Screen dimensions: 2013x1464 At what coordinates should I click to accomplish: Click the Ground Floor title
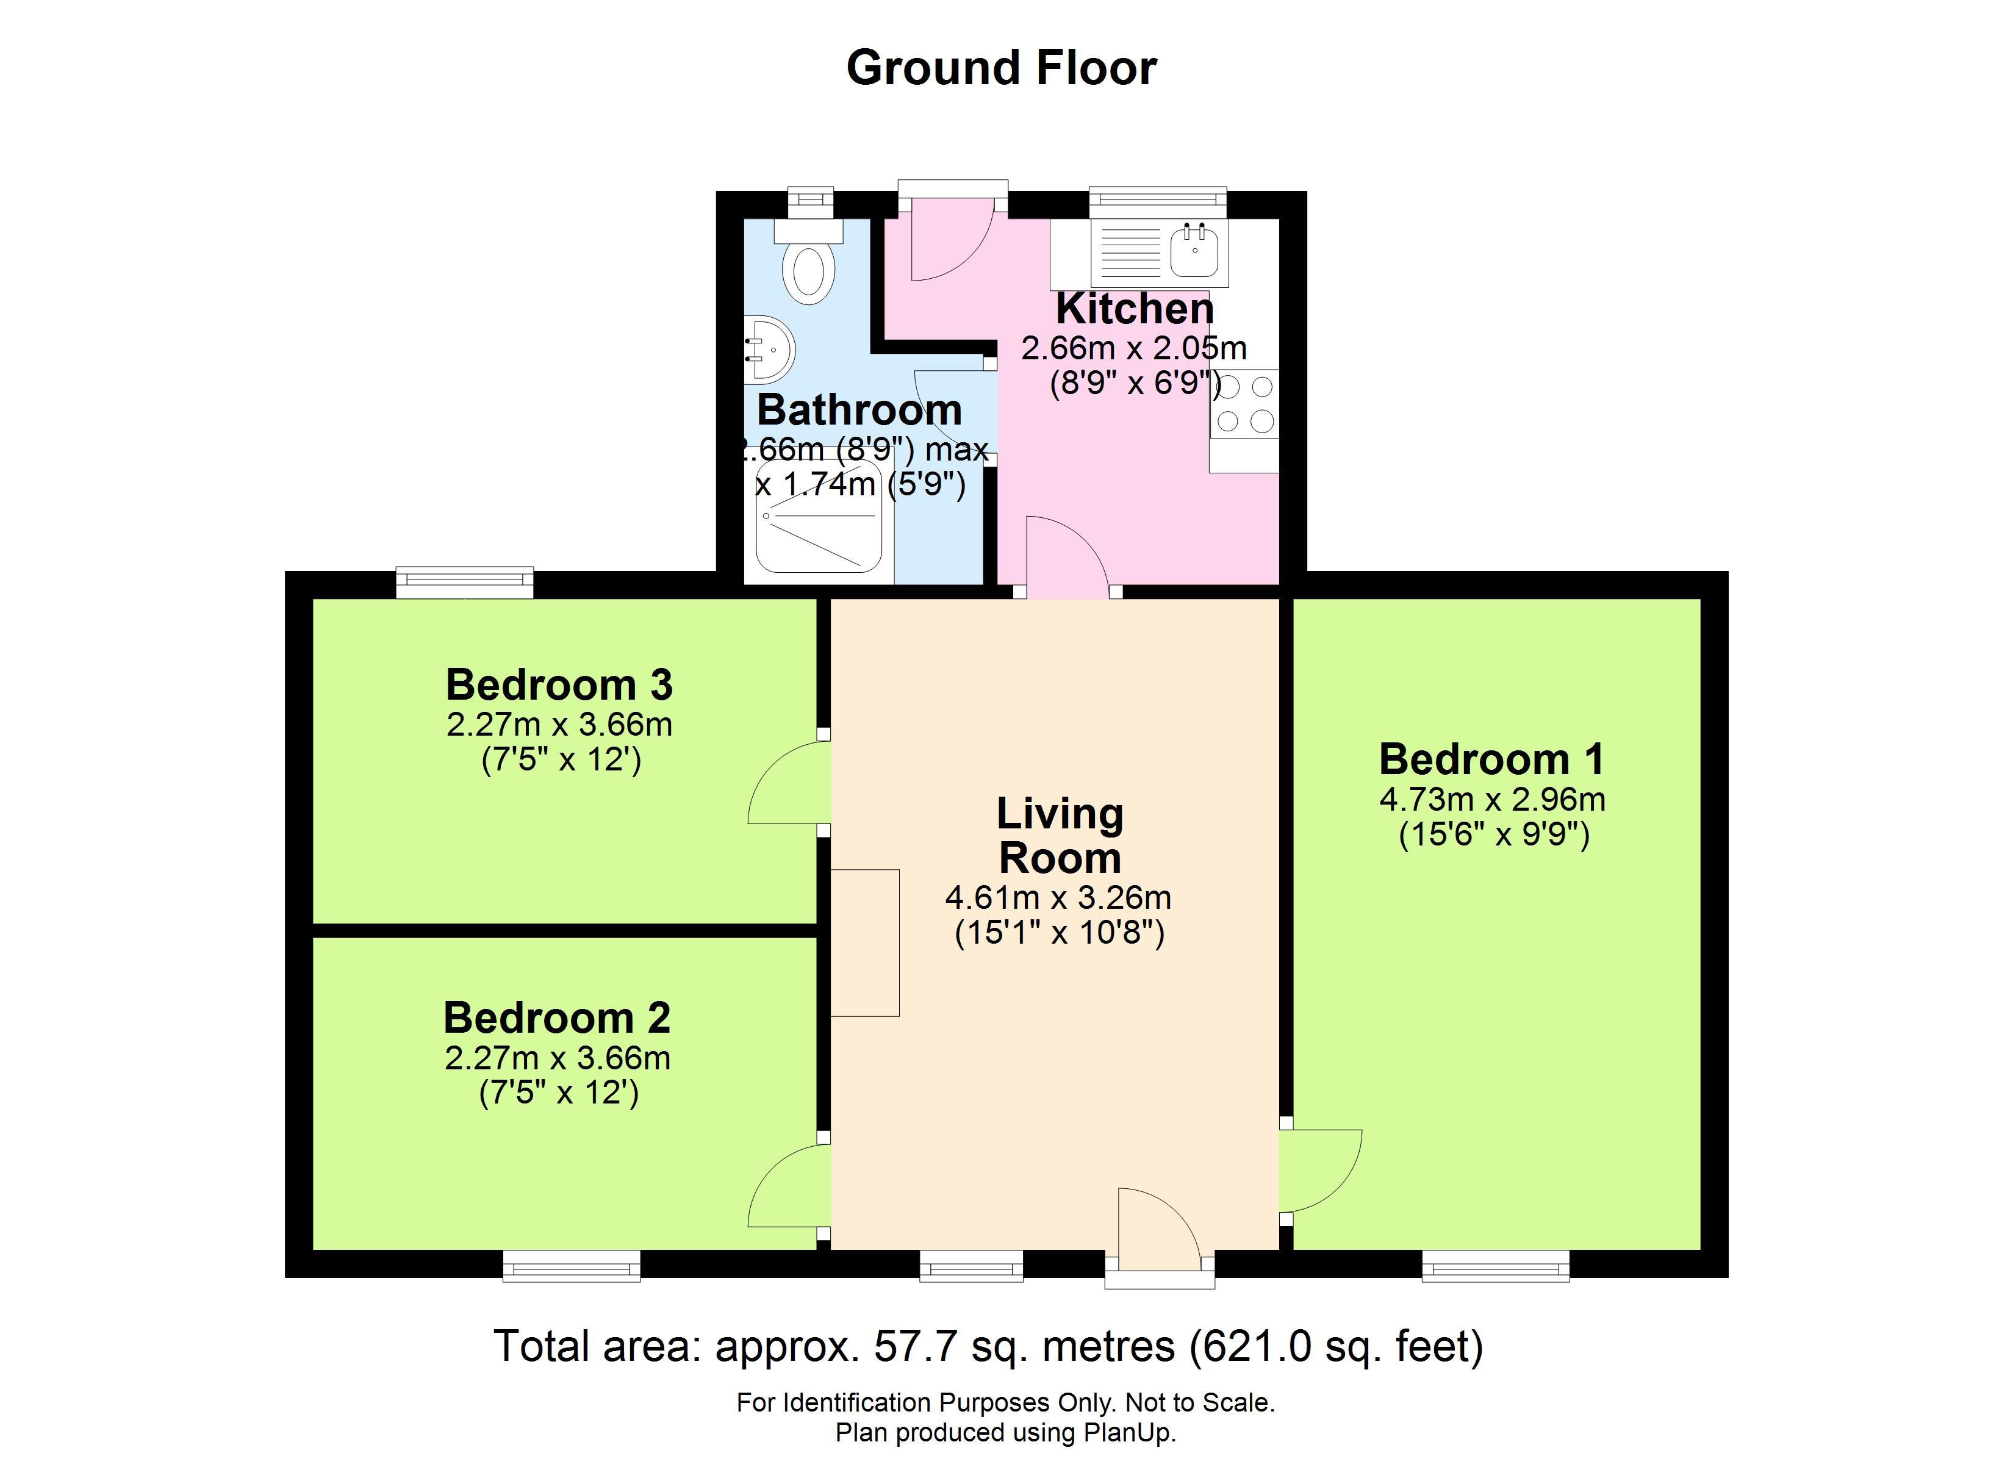pos(1001,68)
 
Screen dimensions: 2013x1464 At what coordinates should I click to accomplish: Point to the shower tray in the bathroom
pos(819,516)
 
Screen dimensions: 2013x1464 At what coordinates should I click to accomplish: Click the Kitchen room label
pos(1135,309)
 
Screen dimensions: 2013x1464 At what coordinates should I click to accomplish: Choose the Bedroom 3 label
pos(559,684)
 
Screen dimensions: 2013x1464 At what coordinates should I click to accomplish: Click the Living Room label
pos(1060,836)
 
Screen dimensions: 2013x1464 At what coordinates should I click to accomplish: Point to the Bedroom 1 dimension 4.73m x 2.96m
pos(1492,800)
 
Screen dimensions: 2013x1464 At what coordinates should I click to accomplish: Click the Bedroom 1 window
pos(1496,1265)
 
